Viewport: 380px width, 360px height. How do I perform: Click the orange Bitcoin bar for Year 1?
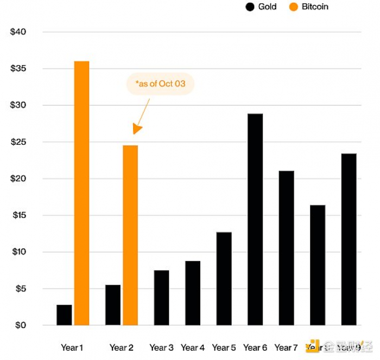coord(81,193)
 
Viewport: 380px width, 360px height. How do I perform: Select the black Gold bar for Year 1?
coord(64,315)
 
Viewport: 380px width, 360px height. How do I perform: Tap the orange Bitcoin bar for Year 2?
coord(130,235)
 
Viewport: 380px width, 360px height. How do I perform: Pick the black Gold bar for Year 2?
coord(113,305)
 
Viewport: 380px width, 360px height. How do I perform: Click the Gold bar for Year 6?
coord(255,220)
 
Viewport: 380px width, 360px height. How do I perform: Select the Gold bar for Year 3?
coord(161,298)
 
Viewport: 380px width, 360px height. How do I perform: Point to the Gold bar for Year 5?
coord(224,279)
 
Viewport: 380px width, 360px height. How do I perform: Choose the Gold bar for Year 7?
coord(286,248)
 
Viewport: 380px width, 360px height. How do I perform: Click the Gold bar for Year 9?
coord(349,239)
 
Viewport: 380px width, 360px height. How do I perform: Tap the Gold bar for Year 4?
coord(193,293)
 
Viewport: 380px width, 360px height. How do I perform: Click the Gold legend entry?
coord(261,7)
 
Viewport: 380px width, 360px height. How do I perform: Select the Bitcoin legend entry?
coord(309,7)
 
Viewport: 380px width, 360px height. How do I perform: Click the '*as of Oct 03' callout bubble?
coord(160,84)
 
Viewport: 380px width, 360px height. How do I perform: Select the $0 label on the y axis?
coord(20,325)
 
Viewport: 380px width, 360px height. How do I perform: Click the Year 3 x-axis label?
coord(161,348)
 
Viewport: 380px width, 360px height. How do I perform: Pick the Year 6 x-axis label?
coord(255,348)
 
